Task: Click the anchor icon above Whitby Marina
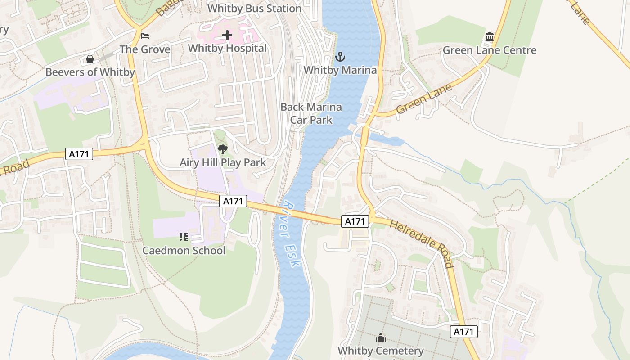pyautogui.click(x=340, y=57)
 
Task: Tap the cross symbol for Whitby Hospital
pyautogui.click(x=227, y=35)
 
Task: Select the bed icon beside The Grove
pyautogui.click(x=144, y=36)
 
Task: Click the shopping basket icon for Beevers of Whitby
pyautogui.click(x=90, y=59)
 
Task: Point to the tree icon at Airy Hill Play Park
pyautogui.click(x=222, y=149)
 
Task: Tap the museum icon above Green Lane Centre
pyautogui.click(x=490, y=36)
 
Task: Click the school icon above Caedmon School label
pyautogui.click(x=183, y=237)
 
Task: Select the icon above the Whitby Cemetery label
pyautogui.click(x=381, y=337)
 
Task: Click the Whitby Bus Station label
pyautogui.click(x=254, y=9)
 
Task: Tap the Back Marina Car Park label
pyautogui.click(x=311, y=113)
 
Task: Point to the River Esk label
pyautogui.click(x=289, y=234)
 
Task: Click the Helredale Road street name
pyautogui.click(x=421, y=243)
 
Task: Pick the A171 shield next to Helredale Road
pyautogui.click(x=355, y=221)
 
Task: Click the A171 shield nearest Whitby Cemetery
pyautogui.click(x=463, y=332)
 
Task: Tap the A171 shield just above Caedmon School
pyautogui.click(x=233, y=201)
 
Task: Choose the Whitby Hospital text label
pyautogui.click(x=227, y=48)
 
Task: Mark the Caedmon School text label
pyautogui.click(x=184, y=250)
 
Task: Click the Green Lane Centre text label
pyautogui.click(x=490, y=50)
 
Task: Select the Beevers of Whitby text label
pyautogui.click(x=90, y=72)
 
